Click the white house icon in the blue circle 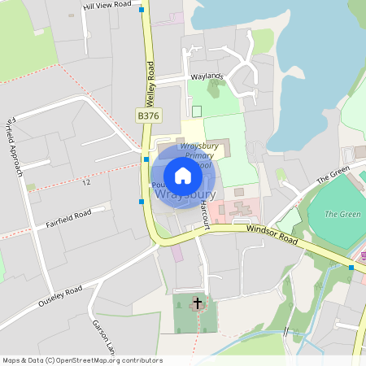click(183, 176)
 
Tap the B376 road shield click(147, 116)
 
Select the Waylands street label click(207, 76)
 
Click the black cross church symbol click(197, 305)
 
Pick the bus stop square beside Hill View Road click(142, 10)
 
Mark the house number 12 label click(85, 182)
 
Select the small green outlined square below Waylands click(196, 111)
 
